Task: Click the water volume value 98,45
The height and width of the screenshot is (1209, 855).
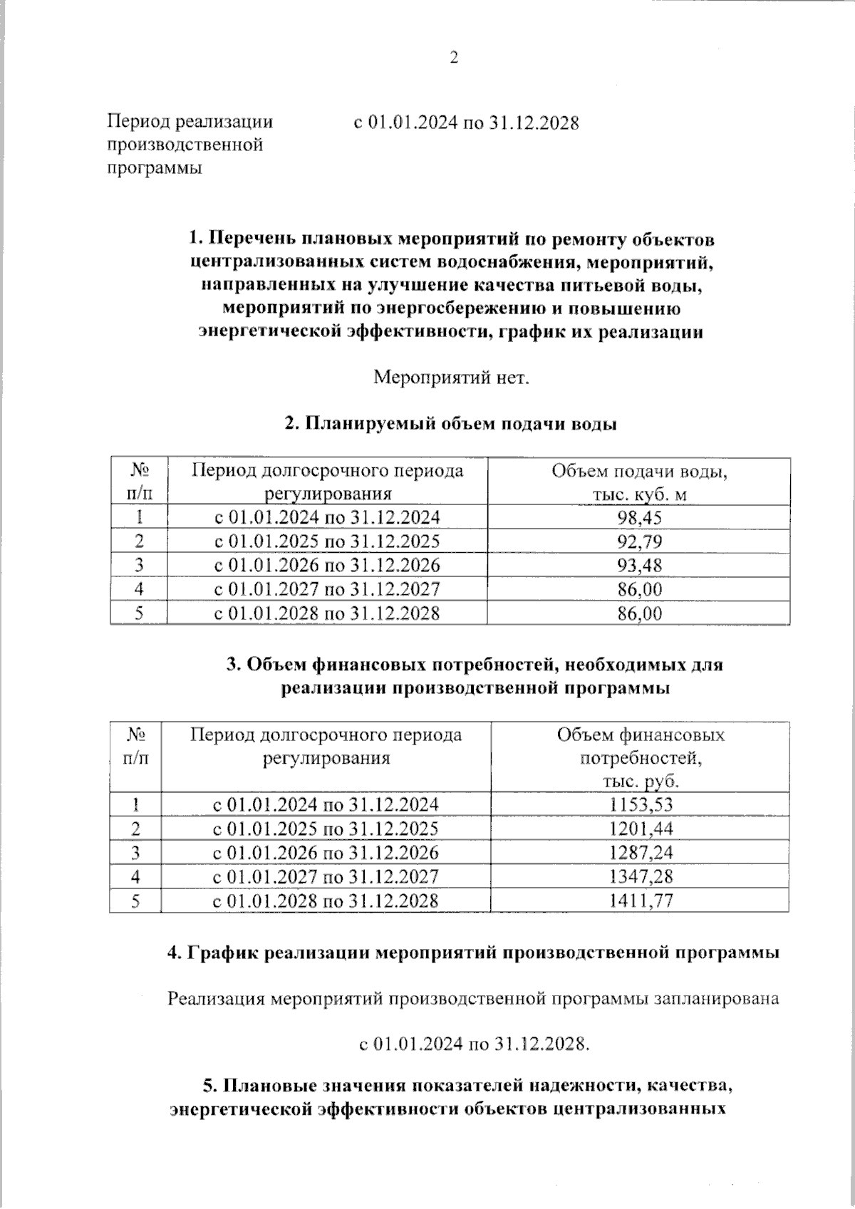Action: pyautogui.click(x=639, y=517)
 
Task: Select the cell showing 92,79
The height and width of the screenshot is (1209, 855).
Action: pyautogui.click(x=639, y=541)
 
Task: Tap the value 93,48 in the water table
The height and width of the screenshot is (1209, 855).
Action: pyautogui.click(x=639, y=565)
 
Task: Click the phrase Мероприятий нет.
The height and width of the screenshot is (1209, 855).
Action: pyautogui.click(x=452, y=377)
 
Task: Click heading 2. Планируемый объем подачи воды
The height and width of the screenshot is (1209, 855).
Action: pyautogui.click(x=450, y=424)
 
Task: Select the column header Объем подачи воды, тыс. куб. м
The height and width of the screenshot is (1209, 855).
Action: pyautogui.click(x=639, y=482)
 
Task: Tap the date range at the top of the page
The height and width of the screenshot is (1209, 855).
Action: pyautogui.click(x=467, y=123)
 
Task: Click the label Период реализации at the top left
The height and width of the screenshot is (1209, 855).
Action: pyautogui.click(x=190, y=122)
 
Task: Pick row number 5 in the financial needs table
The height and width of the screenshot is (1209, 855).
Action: pyautogui.click(x=135, y=901)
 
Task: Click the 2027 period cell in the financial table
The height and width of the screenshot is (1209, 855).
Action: pyautogui.click(x=326, y=876)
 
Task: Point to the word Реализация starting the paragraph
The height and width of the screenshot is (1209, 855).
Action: pyautogui.click(x=219, y=999)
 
